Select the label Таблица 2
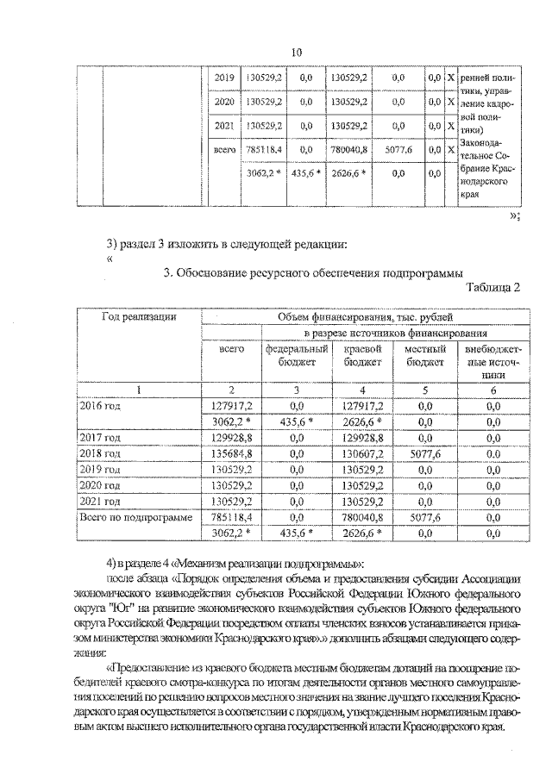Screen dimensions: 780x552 [x=492, y=288]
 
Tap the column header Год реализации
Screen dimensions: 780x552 [x=139, y=317]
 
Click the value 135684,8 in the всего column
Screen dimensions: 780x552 [x=231, y=453]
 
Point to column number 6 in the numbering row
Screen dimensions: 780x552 [x=492, y=389]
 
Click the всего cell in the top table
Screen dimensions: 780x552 [x=224, y=150]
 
